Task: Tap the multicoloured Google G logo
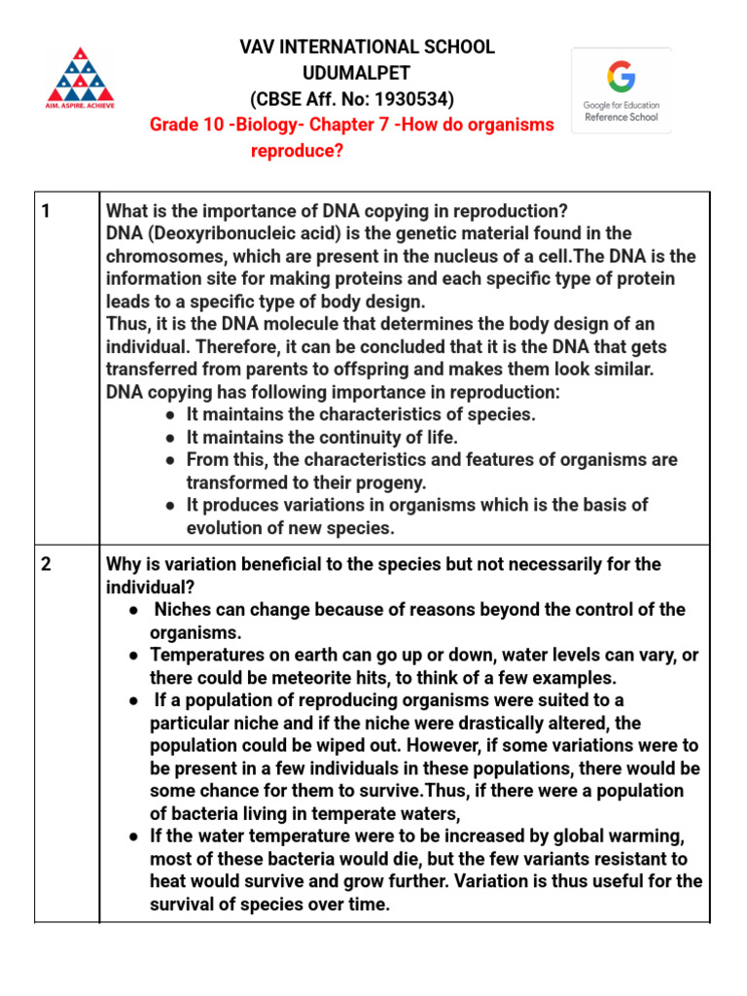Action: click(621, 76)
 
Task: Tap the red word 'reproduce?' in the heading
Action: click(298, 151)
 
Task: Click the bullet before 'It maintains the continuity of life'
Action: click(171, 438)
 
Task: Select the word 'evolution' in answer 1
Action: click(225, 528)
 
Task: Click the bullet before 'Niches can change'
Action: click(133, 610)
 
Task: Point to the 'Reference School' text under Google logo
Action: click(622, 117)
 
